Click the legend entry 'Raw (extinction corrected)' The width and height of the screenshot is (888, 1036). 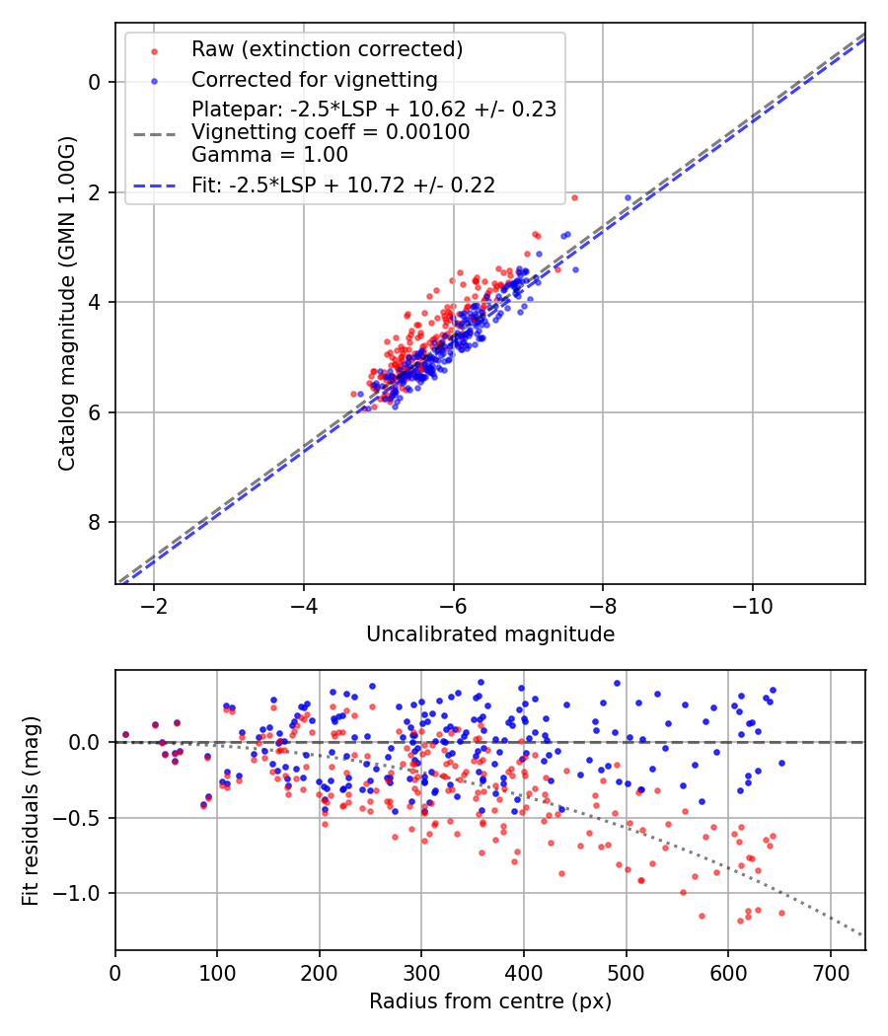point(327,49)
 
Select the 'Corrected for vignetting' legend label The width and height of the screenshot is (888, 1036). point(314,79)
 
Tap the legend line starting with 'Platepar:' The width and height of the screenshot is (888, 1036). point(374,110)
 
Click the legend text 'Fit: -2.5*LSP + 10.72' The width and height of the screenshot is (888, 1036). point(343,185)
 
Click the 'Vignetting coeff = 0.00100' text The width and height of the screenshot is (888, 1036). point(331,132)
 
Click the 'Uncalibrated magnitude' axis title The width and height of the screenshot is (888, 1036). point(490,634)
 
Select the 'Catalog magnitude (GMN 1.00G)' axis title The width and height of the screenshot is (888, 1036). point(67,303)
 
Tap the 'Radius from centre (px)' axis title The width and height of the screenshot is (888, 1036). point(490,1001)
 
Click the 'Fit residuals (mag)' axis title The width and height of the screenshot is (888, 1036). point(31,810)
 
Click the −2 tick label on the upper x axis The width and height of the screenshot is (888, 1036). point(153,605)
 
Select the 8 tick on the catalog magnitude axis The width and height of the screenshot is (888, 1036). point(97,522)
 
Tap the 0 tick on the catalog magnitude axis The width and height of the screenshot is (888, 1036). point(97,82)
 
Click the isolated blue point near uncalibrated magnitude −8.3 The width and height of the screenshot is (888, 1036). point(628,198)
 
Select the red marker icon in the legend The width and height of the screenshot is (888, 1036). point(153,49)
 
